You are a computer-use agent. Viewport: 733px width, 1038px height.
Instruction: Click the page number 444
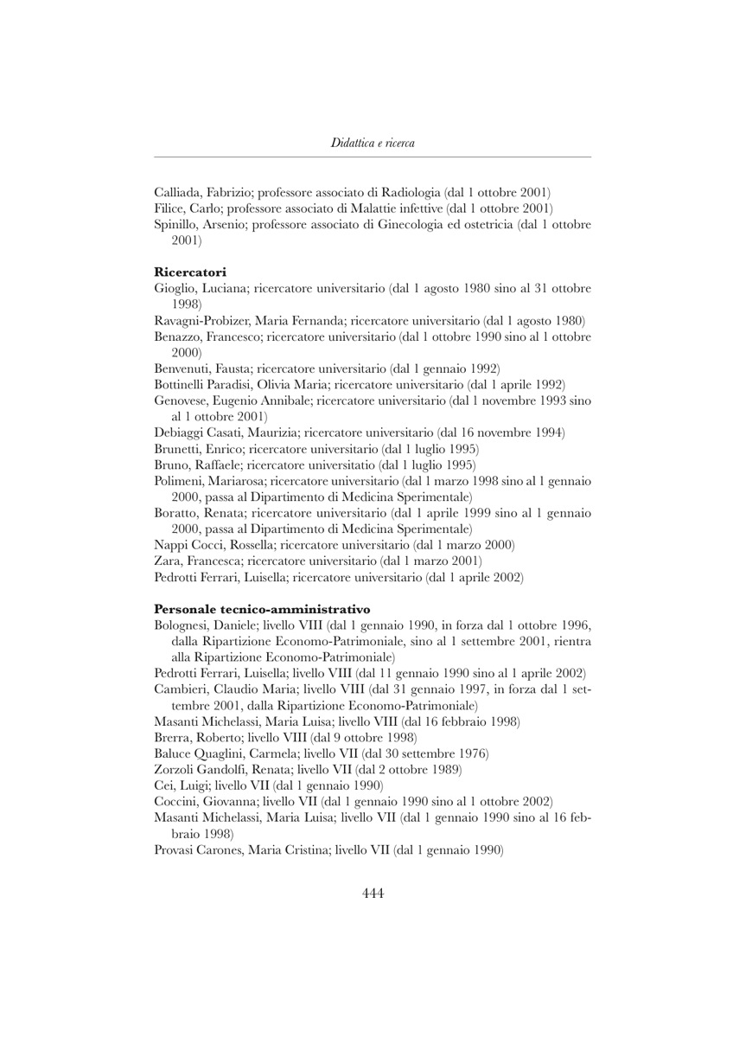point(373,894)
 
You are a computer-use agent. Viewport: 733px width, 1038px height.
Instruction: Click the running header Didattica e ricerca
point(373,142)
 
